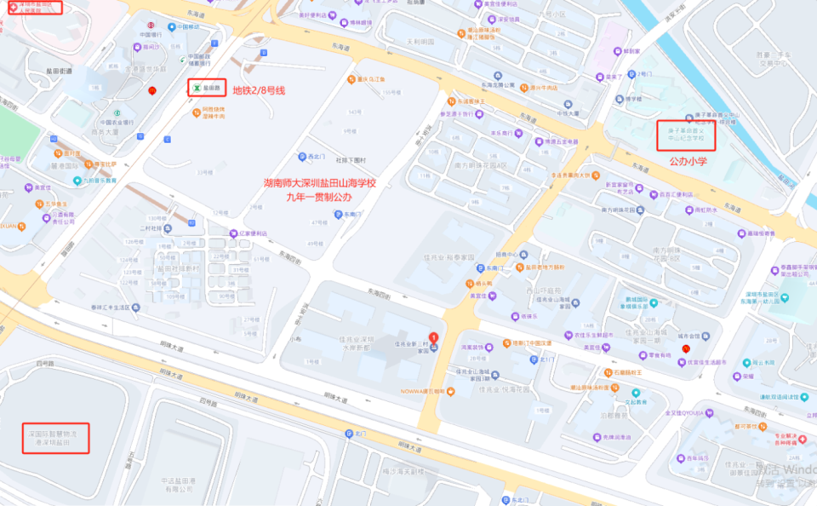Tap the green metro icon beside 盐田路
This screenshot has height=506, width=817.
click(x=196, y=87)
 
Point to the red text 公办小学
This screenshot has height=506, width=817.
click(x=688, y=160)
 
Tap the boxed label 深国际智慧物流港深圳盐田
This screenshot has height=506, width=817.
click(x=54, y=438)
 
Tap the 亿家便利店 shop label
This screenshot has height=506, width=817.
click(x=252, y=233)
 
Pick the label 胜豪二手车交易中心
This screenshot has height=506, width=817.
click(x=775, y=58)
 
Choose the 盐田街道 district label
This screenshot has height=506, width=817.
click(x=57, y=72)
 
